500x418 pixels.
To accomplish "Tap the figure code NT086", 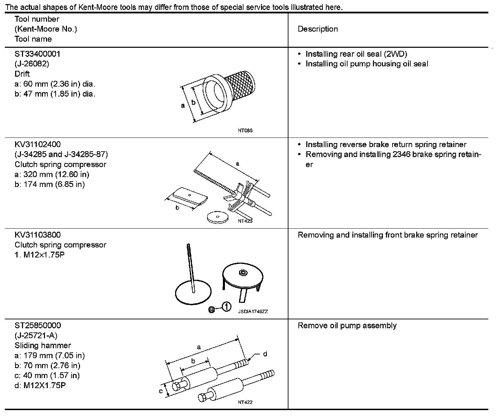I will click(245, 131).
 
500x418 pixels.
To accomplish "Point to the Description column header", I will click(318, 29).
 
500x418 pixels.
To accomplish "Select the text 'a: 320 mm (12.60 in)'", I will click(52, 174).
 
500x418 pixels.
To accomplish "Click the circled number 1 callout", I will click(226, 307).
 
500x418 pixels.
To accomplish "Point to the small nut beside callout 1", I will click(212, 310).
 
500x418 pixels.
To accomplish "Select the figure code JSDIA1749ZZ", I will click(253, 311).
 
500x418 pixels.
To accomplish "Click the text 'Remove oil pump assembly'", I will click(347, 326).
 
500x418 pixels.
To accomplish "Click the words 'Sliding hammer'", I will click(43, 345).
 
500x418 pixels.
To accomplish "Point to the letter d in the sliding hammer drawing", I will click(265, 354).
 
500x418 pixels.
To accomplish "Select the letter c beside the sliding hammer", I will click(160, 391).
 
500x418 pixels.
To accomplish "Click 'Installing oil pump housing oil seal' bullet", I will click(367, 64).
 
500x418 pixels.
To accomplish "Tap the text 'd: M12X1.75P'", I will click(40, 385).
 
